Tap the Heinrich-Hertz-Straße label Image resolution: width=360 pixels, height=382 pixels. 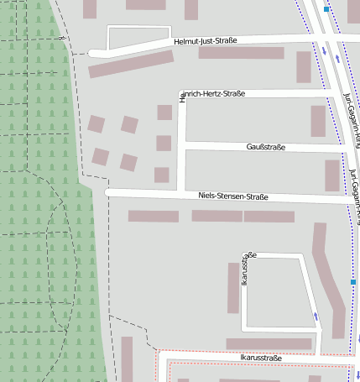tap(215, 94)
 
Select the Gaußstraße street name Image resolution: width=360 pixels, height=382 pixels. tap(265, 148)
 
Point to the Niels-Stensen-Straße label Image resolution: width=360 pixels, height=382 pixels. tap(232, 196)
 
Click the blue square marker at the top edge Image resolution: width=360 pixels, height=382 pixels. tap(326, 8)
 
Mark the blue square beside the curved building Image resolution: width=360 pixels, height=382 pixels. tap(353, 283)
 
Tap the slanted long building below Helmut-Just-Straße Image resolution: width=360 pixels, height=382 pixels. tap(130, 65)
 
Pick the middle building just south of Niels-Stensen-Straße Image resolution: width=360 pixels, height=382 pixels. tap(217, 216)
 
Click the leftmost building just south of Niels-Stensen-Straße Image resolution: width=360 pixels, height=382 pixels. tap(153, 216)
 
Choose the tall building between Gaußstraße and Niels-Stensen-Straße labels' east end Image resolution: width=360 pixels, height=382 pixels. tap(332, 175)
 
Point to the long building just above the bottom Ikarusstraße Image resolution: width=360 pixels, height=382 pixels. tap(269, 343)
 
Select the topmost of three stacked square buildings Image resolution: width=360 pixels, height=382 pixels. tap(164, 113)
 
